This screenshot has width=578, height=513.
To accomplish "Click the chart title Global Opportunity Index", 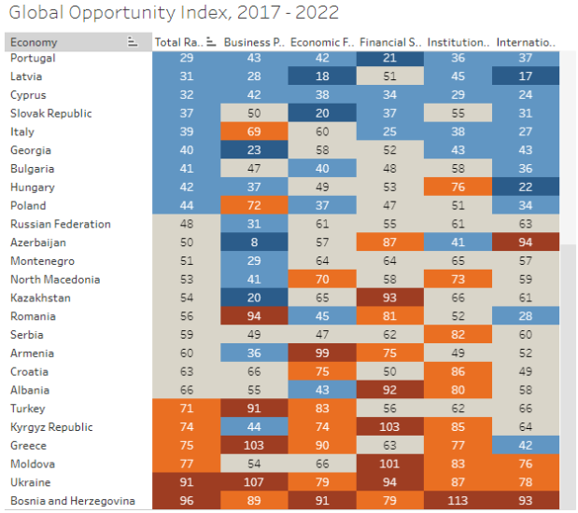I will tap(172, 13).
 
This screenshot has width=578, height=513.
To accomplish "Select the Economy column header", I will tap(35, 42).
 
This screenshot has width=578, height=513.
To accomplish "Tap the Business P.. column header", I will tap(253, 42).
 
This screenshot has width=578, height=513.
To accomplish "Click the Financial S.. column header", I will tap(390, 42).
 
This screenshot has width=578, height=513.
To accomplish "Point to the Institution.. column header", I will tap(458, 42).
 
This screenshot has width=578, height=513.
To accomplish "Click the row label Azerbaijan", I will tap(37, 243).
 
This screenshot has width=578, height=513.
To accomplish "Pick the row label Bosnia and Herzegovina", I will tap(73, 501).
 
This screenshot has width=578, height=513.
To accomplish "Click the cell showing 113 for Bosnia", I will tap(458, 501).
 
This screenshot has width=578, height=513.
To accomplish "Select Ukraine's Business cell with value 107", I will tap(253, 482).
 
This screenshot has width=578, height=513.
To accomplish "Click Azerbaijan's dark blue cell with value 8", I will tap(253, 243).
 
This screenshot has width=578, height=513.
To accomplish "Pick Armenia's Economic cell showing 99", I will tap(322, 354).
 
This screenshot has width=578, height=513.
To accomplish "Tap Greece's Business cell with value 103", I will tap(253, 446).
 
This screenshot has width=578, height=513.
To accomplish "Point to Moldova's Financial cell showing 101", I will tap(390, 464).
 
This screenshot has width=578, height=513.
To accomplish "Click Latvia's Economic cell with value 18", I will tap(322, 76).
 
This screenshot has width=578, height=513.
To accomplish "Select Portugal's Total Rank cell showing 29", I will tap(185, 58).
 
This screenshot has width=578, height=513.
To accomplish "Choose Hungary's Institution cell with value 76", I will tap(458, 187).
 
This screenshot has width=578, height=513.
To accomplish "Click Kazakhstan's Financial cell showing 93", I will tap(390, 298).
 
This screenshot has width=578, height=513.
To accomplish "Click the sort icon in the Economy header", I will tap(133, 42).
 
